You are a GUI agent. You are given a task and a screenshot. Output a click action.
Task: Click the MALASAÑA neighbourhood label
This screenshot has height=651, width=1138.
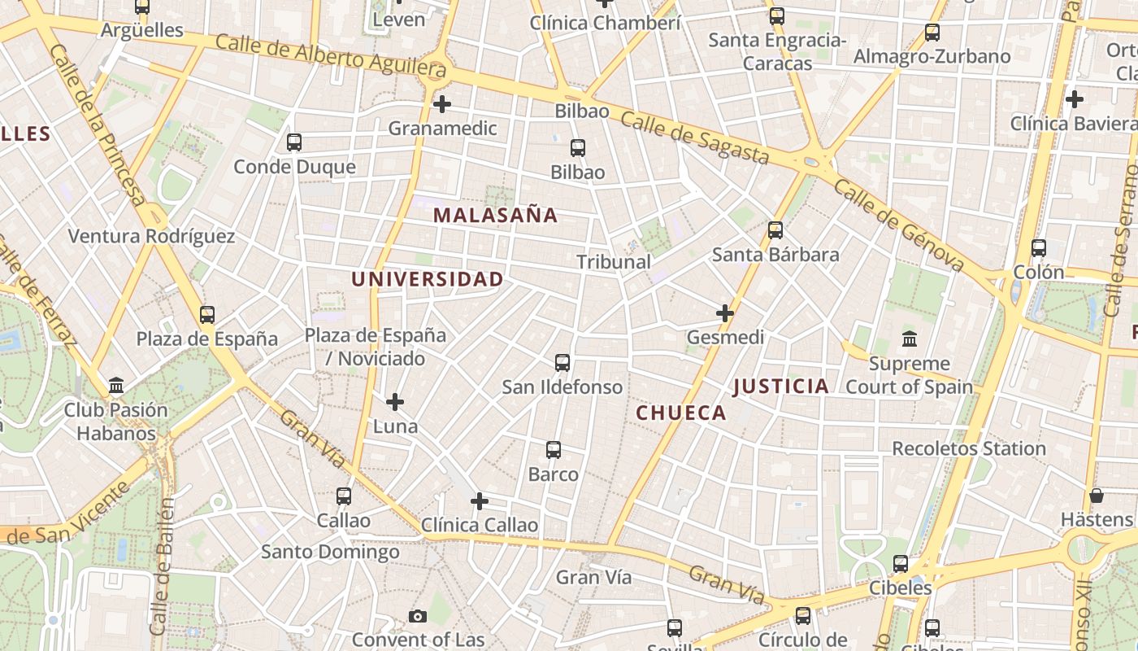point(495,216)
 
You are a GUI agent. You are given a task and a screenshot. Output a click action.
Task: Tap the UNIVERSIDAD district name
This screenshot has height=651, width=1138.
point(427,279)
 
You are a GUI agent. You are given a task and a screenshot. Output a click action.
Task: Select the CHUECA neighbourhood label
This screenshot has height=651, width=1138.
point(681,413)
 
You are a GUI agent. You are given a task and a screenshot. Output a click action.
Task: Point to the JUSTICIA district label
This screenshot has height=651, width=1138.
point(781,387)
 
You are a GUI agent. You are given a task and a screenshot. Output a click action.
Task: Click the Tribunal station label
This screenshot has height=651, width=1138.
point(614,262)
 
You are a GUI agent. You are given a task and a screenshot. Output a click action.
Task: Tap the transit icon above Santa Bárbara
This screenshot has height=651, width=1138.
point(775,230)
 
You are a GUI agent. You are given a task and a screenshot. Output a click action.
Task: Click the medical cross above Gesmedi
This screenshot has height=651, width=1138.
point(725,312)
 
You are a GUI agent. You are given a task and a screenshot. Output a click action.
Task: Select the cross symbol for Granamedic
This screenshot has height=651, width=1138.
point(442,104)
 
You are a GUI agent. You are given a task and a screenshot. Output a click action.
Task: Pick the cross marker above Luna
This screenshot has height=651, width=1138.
point(395,402)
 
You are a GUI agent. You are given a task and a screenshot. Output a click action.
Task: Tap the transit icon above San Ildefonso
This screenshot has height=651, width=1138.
point(562,363)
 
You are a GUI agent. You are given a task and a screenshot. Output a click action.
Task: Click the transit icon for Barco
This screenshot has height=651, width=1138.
point(554,450)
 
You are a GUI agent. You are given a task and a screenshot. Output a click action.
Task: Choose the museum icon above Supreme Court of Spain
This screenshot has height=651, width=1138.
point(910,339)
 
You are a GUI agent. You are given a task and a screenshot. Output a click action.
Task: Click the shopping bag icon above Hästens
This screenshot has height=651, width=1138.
point(1097,495)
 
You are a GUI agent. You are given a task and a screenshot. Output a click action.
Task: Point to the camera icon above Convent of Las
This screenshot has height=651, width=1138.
point(418,616)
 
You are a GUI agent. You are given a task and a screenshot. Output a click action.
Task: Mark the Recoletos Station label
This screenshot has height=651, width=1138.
point(969,448)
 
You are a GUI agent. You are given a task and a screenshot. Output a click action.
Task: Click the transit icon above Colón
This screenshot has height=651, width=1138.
point(1039,248)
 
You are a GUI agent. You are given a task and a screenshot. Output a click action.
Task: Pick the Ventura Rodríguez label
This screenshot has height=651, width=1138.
point(151,237)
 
